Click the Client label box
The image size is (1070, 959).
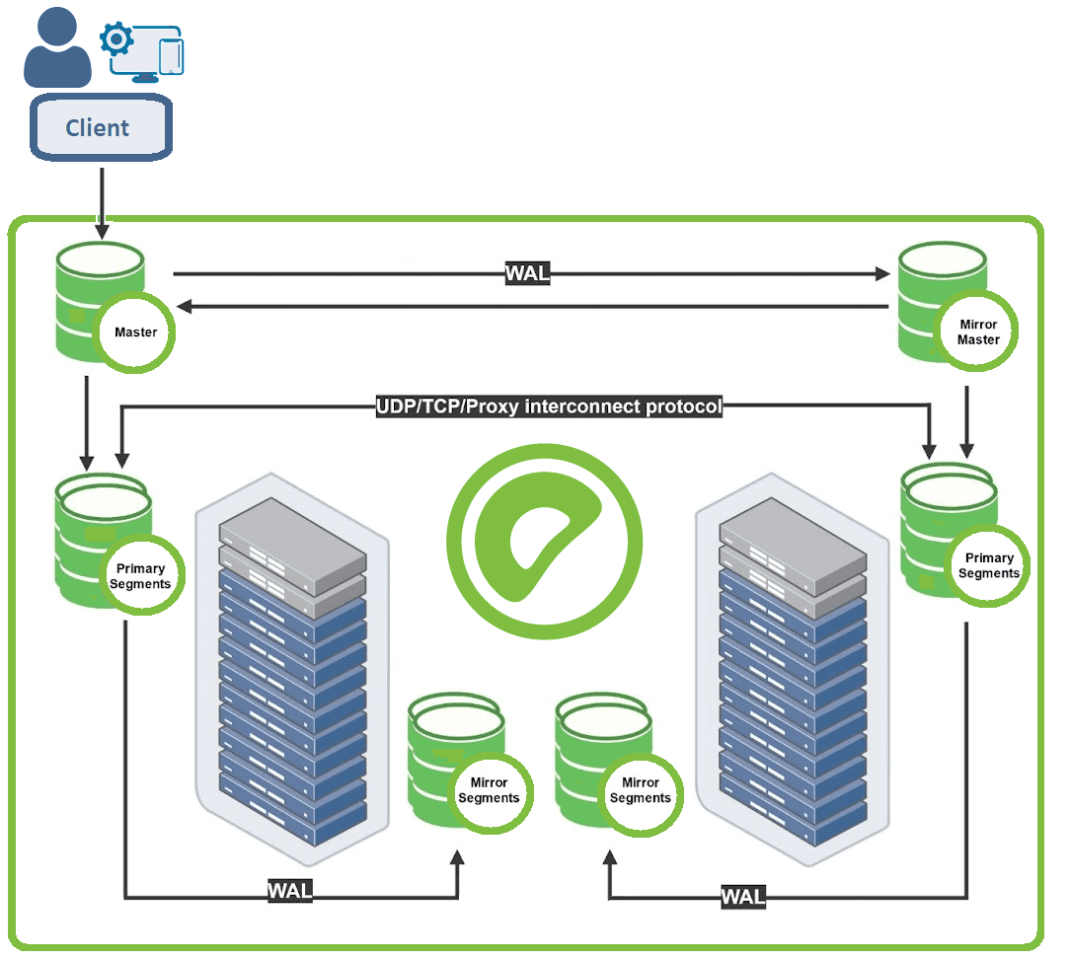click(99, 127)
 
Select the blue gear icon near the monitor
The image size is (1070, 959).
click(116, 40)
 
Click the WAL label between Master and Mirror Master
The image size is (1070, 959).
click(527, 273)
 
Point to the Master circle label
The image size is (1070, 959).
click(135, 332)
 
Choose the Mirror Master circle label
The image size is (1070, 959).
click(977, 332)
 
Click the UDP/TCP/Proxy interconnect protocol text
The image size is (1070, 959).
click(549, 406)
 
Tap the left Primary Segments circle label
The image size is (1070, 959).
click(140, 576)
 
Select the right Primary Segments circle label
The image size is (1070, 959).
click(988, 565)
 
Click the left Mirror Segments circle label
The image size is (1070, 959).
click(489, 790)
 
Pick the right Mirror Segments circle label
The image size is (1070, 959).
click(640, 790)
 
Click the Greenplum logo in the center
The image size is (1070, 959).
click(544, 542)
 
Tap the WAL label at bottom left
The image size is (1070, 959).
click(290, 890)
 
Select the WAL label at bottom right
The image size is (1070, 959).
click(742, 896)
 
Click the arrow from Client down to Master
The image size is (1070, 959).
click(101, 202)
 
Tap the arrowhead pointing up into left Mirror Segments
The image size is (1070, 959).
click(457, 860)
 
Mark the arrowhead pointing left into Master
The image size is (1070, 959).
click(185, 308)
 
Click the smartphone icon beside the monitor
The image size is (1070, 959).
click(173, 55)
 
